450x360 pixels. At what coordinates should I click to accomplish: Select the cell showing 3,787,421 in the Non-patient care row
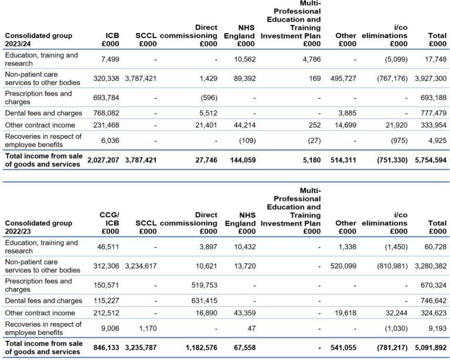[140, 78]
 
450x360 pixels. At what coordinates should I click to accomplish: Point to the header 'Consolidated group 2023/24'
[39, 39]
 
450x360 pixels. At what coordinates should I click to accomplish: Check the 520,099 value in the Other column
[340, 266]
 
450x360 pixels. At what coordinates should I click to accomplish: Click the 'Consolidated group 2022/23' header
[39, 227]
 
